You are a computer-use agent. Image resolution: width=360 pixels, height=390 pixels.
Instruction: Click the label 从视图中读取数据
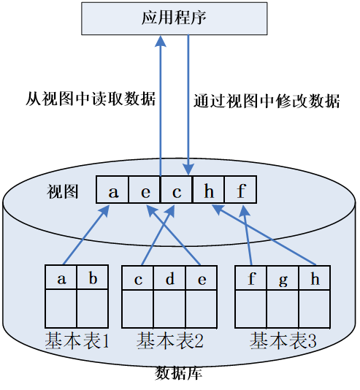(x=91, y=99)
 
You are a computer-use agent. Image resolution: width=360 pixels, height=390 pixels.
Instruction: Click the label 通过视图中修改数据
(x=267, y=102)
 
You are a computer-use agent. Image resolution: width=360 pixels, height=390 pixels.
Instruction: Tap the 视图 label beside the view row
(x=63, y=191)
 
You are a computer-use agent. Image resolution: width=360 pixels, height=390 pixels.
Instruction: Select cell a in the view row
(x=113, y=191)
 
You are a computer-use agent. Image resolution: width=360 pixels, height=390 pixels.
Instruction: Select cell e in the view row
(x=145, y=191)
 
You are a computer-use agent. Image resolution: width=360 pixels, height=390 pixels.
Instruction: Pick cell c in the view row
(x=177, y=191)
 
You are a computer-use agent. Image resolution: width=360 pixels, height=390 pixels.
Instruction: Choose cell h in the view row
(x=209, y=191)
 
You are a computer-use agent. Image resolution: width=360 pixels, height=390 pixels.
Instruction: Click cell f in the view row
(x=240, y=191)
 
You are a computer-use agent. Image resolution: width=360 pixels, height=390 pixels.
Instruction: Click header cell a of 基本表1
(x=61, y=278)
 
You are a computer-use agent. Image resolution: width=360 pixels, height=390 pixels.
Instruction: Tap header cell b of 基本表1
(x=93, y=278)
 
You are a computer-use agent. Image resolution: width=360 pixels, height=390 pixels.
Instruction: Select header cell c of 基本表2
(x=138, y=278)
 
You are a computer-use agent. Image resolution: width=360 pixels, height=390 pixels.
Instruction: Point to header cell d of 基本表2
(x=169, y=278)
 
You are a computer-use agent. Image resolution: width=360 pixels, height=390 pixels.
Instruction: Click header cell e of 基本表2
(x=201, y=278)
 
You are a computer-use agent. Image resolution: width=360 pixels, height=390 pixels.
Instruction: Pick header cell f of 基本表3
(x=251, y=278)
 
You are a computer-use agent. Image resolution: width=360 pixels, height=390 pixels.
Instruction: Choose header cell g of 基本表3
(x=283, y=278)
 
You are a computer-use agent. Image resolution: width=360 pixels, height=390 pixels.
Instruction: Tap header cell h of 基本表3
(x=314, y=278)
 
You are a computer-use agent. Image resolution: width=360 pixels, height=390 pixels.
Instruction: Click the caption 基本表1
(x=77, y=340)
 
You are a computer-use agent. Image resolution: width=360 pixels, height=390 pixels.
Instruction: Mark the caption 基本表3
(x=283, y=340)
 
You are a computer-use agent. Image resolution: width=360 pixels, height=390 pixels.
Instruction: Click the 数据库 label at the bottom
(x=179, y=373)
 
